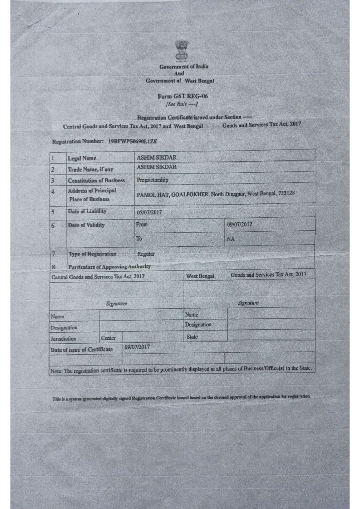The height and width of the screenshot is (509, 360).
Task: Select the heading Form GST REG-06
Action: [x=183, y=96]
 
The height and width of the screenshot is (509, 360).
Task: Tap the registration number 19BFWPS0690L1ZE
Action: [x=133, y=142]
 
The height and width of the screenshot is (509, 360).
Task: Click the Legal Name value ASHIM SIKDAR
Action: [x=157, y=158]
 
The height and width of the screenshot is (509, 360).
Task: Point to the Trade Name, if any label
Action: [x=90, y=169]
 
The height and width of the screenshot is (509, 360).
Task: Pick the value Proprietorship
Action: [x=152, y=180]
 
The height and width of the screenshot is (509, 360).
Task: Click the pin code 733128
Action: [x=287, y=193]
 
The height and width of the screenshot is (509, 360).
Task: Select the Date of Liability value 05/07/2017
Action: [x=149, y=212]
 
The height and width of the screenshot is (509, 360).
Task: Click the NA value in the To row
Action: [x=231, y=239]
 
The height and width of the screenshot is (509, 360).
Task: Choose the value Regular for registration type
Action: [x=146, y=254]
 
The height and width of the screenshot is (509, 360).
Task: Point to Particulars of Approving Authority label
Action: [x=109, y=267]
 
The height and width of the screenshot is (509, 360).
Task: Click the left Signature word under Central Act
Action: [x=117, y=304]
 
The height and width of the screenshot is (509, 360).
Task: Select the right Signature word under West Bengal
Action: [x=248, y=303]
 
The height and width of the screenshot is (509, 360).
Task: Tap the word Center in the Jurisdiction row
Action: [x=108, y=338]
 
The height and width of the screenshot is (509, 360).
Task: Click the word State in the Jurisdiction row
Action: [x=192, y=337]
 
